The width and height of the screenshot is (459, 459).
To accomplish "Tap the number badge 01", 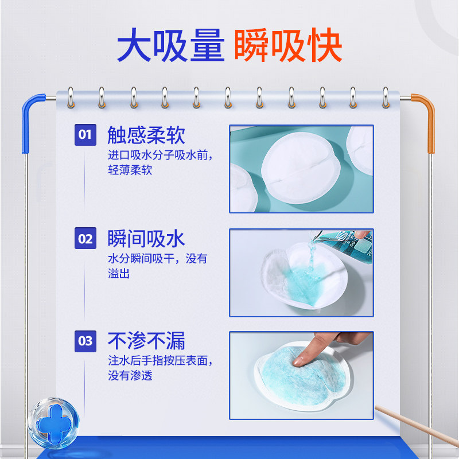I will click(x=85, y=135).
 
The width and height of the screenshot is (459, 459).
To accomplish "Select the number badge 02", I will click(x=85, y=239).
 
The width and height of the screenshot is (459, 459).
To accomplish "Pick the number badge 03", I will click(x=85, y=341).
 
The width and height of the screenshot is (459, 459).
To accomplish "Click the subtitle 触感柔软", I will click(x=146, y=135).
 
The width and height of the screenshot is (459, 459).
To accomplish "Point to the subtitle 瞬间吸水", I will click(x=146, y=239).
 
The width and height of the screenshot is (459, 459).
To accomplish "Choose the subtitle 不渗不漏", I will click(x=146, y=341).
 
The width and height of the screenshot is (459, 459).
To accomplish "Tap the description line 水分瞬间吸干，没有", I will click(x=158, y=259).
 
